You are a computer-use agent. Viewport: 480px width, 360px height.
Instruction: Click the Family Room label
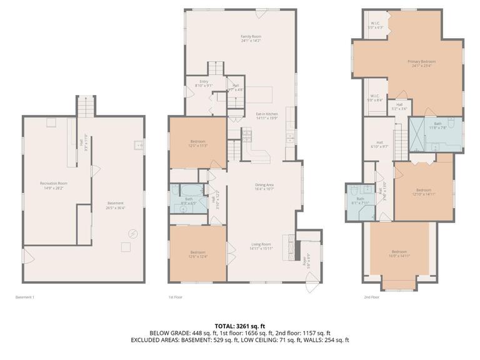tap(250, 39)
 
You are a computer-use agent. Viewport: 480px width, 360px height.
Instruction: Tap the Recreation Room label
tap(54, 185)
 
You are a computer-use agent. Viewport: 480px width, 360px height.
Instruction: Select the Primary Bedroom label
tap(421, 64)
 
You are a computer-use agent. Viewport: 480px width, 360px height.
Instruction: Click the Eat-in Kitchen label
tap(266, 116)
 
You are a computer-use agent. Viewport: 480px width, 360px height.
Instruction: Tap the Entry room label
tap(204, 84)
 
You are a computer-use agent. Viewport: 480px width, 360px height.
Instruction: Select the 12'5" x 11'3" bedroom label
tap(198, 144)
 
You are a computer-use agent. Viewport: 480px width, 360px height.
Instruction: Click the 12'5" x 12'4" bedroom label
tap(197, 254)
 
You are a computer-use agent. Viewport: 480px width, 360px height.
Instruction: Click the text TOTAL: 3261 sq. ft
tap(240, 326)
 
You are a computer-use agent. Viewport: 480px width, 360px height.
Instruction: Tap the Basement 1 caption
tap(24, 297)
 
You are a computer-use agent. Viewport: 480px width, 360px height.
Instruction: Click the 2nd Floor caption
tap(371, 297)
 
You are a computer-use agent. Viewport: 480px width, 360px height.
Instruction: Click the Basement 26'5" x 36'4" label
tap(115, 206)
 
